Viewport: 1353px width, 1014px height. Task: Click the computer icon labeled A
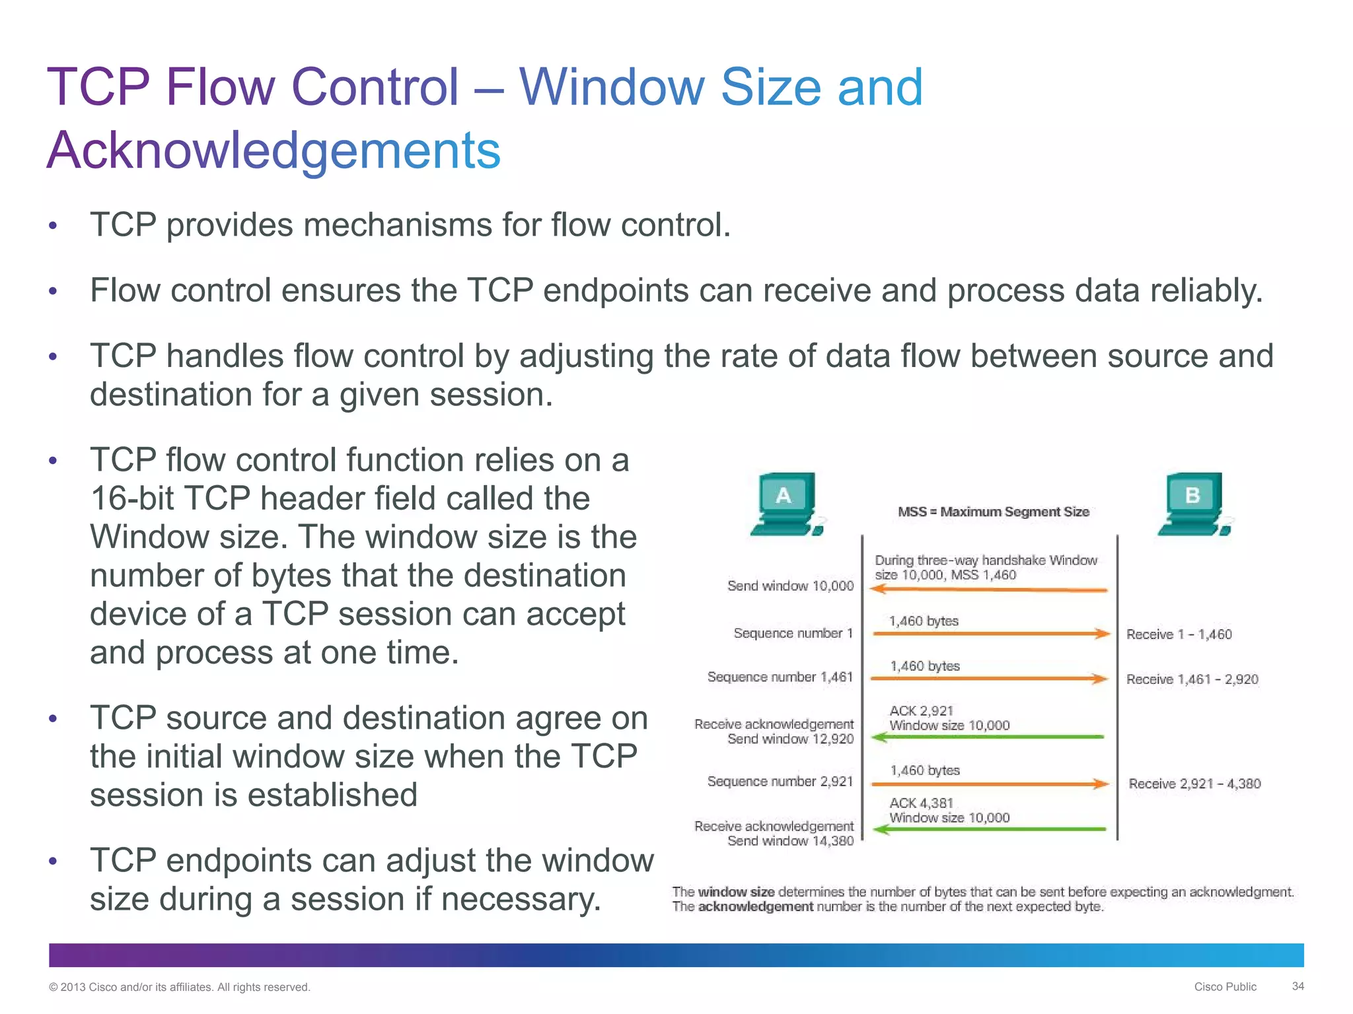[x=786, y=504]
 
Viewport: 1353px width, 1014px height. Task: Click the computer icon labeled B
[x=1194, y=504]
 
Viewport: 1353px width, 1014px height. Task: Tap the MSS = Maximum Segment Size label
[x=993, y=512]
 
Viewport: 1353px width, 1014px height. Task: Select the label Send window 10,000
[x=790, y=586]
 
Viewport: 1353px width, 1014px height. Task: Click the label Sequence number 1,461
[x=780, y=677]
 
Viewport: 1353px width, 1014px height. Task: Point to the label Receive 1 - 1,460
[x=1179, y=634]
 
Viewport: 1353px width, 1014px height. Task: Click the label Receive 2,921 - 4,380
[x=1194, y=784]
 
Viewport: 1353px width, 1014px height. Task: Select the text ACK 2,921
[x=921, y=711]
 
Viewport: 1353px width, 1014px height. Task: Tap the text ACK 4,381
[x=921, y=803]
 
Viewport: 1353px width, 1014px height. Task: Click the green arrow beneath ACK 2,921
[x=988, y=737]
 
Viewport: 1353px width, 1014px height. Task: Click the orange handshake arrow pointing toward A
[x=988, y=590]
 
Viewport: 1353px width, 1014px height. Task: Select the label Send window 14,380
[x=790, y=841]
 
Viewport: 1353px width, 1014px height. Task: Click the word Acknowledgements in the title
[x=274, y=151]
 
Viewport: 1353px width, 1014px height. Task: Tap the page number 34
[x=1298, y=986]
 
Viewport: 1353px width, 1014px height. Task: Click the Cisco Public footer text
[x=1225, y=987]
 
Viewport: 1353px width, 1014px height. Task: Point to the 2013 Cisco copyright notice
[x=180, y=987]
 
